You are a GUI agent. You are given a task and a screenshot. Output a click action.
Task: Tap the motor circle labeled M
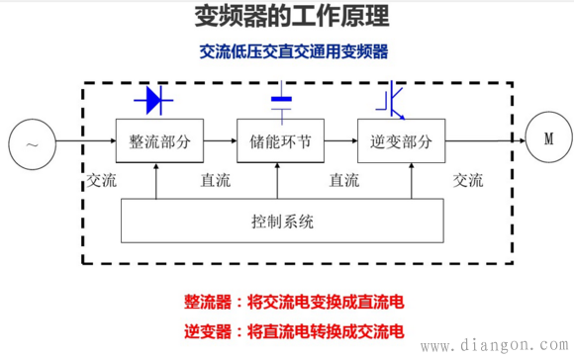tap(547, 138)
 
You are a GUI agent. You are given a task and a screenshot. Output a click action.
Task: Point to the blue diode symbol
tap(153, 99)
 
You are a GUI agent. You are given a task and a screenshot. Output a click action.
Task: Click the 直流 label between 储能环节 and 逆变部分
tap(343, 181)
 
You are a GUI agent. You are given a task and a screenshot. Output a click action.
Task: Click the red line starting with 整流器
tap(294, 302)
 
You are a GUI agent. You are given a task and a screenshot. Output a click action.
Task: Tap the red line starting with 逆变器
tap(294, 329)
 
